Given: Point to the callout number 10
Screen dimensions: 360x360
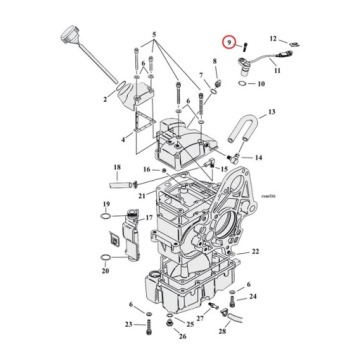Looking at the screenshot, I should click(261, 84).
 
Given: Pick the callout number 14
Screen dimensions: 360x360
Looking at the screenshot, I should click(258, 157).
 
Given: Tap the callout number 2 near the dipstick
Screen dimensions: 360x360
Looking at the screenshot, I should click(103, 100).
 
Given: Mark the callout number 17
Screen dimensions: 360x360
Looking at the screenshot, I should click(147, 217).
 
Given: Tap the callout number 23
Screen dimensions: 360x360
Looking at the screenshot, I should click(129, 324).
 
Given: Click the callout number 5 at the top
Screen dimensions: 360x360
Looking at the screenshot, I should click(153, 35).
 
